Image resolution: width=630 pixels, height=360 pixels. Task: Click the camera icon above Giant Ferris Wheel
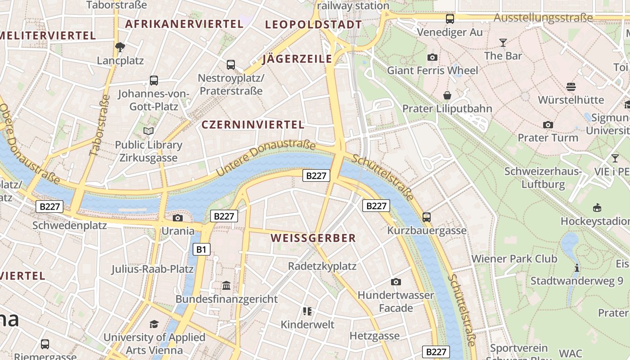[x=432, y=57]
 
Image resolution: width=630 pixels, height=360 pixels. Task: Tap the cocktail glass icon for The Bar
[x=503, y=43]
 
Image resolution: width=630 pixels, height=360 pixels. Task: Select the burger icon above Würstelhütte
[x=571, y=86]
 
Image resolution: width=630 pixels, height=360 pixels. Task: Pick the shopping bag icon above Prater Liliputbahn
[x=447, y=95]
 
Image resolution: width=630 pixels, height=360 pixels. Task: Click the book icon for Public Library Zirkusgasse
[x=148, y=131]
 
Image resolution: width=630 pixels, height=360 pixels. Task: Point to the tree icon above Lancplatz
[x=120, y=47]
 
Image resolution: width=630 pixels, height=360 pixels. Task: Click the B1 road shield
[x=202, y=249]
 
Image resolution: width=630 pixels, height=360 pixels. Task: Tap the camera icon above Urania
[x=178, y=218]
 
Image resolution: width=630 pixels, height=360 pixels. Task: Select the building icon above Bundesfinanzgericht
[x=226, y=285]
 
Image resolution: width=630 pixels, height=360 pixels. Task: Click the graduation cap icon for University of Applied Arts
[x=154, y=324]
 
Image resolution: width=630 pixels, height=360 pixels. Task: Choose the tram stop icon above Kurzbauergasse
[x=427, y=217]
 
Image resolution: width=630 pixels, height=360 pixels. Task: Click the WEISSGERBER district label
[x=313, y=238]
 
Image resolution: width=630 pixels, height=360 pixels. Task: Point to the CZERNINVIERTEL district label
[x=253, y=125]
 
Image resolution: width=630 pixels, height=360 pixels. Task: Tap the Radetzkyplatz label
[x=322, y=266]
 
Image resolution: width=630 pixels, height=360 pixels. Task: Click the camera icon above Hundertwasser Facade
[x=396, y=282]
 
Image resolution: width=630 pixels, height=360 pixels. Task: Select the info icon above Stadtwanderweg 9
[x=577, y=268]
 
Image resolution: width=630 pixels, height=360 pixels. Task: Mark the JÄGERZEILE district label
[x=297, y=59]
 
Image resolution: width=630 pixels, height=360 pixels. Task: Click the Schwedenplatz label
[x=70, y=225]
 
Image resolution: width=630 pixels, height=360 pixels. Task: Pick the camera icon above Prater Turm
[x=548, y=125]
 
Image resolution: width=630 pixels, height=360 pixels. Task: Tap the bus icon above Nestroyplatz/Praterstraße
[x=231, y=65]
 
